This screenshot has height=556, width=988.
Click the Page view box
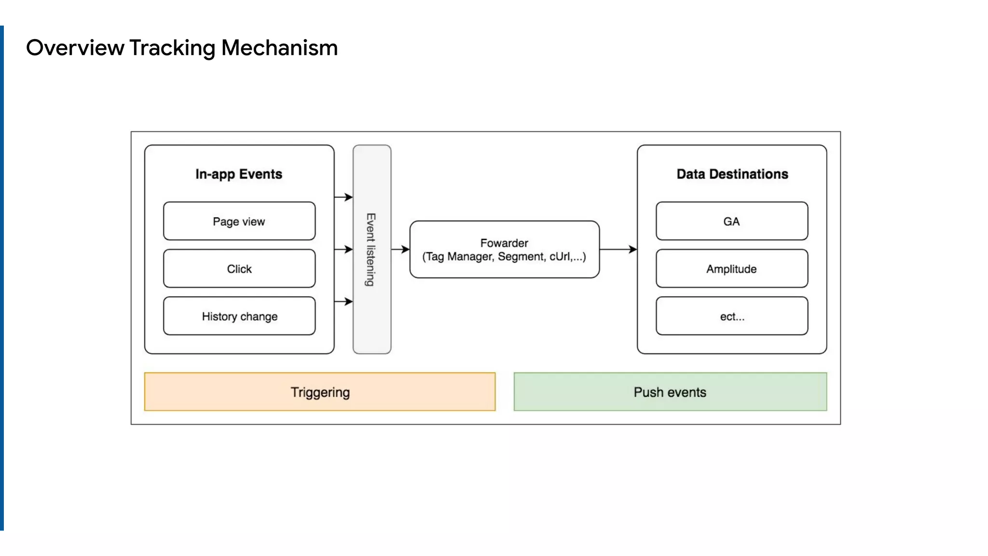[239, 221]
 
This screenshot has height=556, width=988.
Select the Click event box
[239, 268]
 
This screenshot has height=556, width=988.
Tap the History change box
[239, 316]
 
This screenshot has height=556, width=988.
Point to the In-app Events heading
[239, 174]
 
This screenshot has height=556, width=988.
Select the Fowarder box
[505, 250]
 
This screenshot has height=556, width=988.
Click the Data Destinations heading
[732, 174]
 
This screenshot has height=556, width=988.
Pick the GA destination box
[732, 221]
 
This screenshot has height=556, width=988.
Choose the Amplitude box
[732, 268]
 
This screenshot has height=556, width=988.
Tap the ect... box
[732, 316]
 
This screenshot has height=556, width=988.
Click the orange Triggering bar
[320, 392]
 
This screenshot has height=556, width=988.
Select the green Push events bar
[670, 392]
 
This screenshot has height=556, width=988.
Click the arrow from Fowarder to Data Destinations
[618, 250]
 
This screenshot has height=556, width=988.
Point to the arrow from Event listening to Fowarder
[400, 250]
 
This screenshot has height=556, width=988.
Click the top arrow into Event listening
[343, 197]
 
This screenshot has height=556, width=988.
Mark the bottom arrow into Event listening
[343, 302]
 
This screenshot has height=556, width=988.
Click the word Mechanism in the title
[279, 48]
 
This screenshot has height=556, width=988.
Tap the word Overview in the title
[75, 48]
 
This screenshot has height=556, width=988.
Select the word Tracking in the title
[172, 48]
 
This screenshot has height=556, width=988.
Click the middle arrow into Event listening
[343, 250]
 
